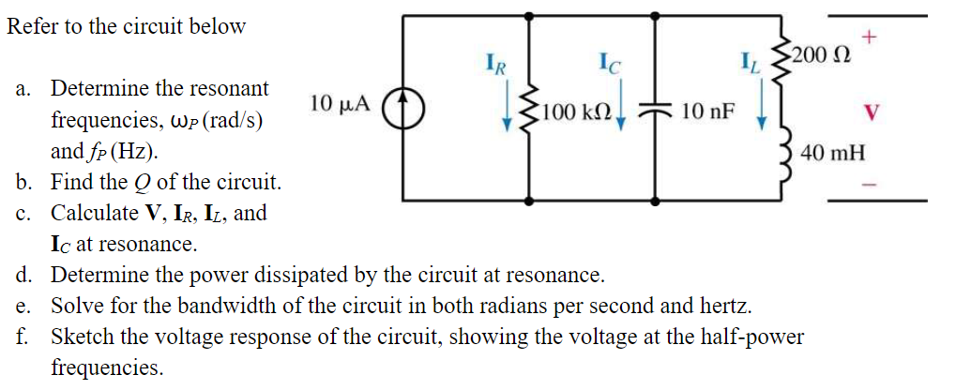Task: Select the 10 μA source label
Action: click(340, 103)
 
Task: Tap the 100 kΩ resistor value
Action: click(577, 113)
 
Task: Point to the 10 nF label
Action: click(708, 112)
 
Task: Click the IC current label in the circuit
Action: click(611, 66)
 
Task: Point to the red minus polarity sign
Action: click(870, 184)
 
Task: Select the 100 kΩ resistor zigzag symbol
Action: click(531, 112)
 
